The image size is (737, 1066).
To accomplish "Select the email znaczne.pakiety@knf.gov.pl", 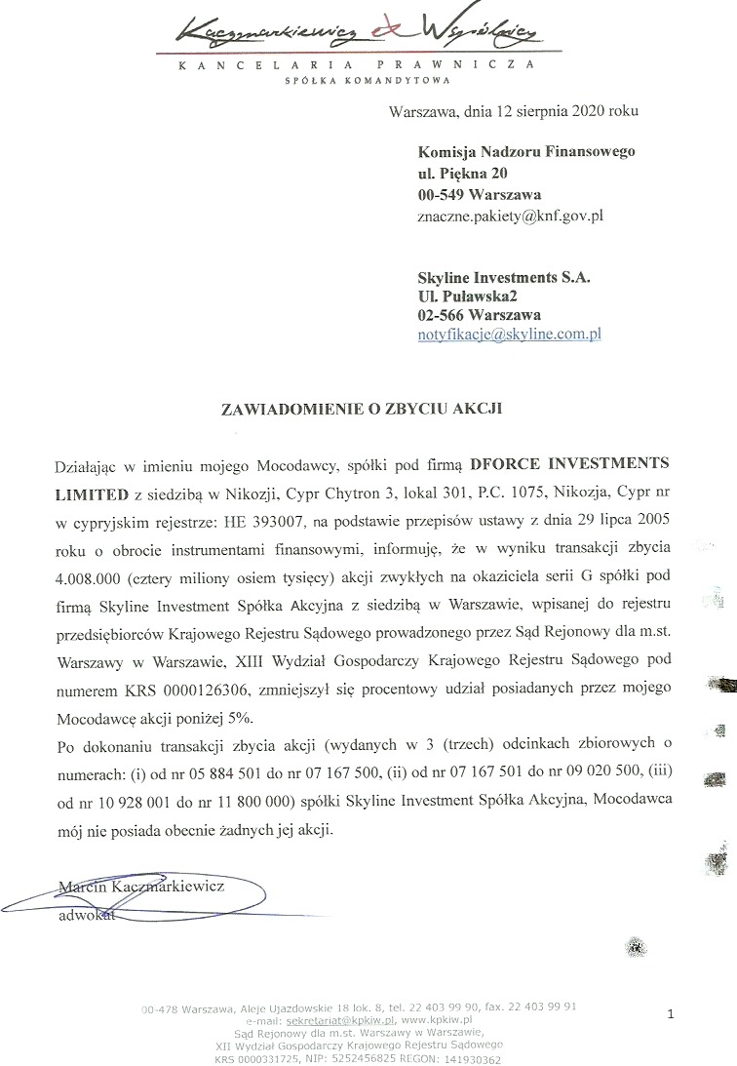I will click(x=511, y=215).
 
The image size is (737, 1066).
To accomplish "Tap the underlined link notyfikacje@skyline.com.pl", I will click(x=509, y=334).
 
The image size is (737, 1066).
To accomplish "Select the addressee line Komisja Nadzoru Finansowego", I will click(x=526, y=152).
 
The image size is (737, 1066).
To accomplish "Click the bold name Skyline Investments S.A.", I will click(x=504, y=277).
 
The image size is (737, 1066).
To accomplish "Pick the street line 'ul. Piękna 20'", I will click(x=462, y=173).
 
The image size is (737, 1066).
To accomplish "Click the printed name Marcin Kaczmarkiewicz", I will click(x=141, y=887).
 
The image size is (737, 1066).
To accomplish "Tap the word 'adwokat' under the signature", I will click(x=87, y=916).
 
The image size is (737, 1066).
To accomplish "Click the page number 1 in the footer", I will click(x=671, y=1015).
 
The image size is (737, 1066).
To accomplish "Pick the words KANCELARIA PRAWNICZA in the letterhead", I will click(x=358, y=64).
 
